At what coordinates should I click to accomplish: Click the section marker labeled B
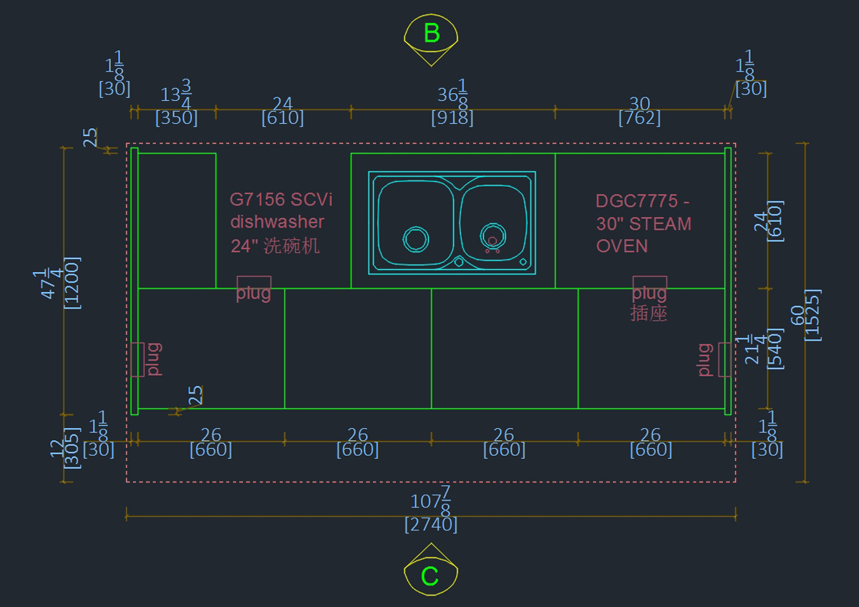pos(431,34)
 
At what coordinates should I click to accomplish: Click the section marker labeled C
pos(430,576)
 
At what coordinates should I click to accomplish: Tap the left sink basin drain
pos(416,238)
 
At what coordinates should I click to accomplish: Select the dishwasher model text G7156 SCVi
pos(281,199)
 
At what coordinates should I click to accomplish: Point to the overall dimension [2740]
pos(431,525)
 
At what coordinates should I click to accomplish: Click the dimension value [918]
pos(452,118)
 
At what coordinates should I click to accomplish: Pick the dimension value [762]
pos(639,118)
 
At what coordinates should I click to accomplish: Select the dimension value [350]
pos(176,118)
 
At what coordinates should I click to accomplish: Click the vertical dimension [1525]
pos(812,315)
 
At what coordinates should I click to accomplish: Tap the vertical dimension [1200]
pos(72,283)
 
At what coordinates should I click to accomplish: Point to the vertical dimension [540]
pos(775,349)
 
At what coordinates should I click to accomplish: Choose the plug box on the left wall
pos(137,359)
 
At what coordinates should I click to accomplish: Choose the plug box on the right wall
pos(724,359)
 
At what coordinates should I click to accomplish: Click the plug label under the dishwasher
pos(254,293)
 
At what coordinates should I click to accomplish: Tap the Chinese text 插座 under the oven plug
pos(649,313)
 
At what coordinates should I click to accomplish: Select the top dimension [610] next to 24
pos(283,118)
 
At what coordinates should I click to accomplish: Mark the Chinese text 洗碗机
pos(291,246)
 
